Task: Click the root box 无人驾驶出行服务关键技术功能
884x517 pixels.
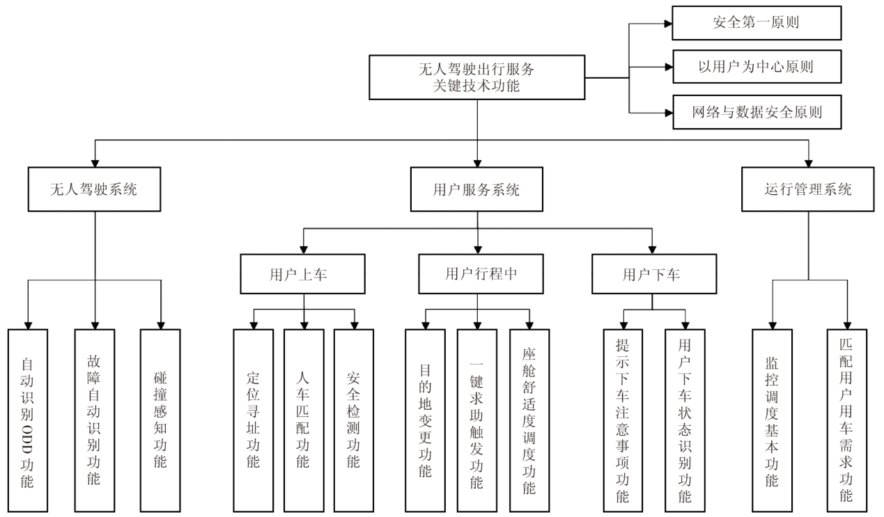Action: point(478,77)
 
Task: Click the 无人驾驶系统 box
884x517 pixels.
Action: point(94,189)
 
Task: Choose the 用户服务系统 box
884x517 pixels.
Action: point(477,189)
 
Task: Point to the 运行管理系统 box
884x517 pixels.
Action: point(808,189)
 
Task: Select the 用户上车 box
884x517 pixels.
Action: point(303,273)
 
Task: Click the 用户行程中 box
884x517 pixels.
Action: point(477,273)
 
